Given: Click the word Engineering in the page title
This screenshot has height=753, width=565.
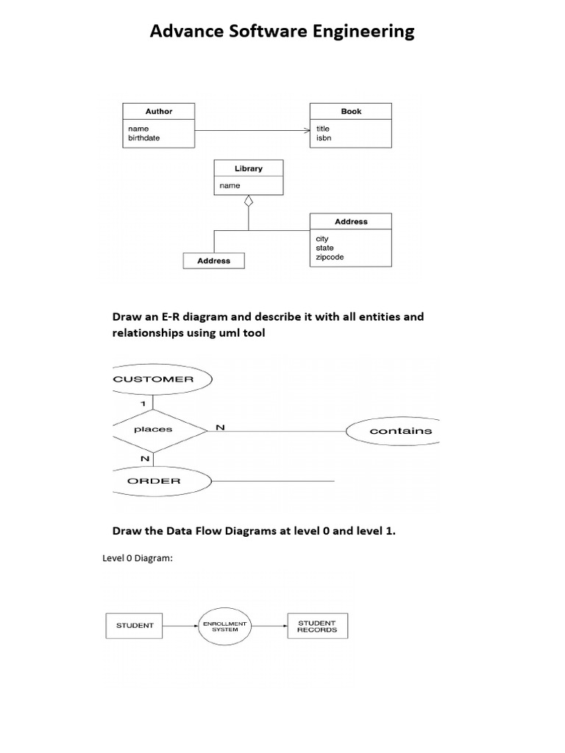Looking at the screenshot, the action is [x=363, y=32].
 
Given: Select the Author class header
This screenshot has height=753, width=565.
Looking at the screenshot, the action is [x=159, y=112].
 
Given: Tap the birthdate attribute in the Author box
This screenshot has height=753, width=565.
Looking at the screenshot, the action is [x=143, y=138].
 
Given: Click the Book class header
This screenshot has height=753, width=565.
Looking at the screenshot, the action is [x=351, y=112].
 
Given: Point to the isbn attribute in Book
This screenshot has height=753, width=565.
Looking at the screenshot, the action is [x=324, y=138].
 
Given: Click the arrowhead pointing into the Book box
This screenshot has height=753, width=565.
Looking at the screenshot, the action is [x=308, y=131].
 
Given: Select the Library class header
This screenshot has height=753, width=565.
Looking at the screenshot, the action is [x=249, y=168].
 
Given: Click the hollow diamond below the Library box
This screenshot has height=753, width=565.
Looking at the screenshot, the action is [x=249, y=201].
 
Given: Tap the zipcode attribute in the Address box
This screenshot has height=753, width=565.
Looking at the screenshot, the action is [x=330, y=257].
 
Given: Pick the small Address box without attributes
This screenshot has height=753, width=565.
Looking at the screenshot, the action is [x=214, y=261].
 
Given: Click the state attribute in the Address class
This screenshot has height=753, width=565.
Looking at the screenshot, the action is [x=324, y=248].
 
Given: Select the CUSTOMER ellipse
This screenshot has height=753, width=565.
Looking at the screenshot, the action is [x=162, y=379].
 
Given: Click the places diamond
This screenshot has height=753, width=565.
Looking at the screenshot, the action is [x=160, y=431].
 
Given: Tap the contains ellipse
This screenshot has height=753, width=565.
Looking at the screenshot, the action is [x=393, y=431].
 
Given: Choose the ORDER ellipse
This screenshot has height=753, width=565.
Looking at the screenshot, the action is [x=162, y=481].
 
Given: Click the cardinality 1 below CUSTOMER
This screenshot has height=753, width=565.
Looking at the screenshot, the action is [x=143, y=404].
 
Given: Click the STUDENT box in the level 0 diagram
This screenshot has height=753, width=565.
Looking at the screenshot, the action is [x=134, y=626].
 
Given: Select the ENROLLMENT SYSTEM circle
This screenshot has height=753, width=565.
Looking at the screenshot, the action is [x=225, y=627].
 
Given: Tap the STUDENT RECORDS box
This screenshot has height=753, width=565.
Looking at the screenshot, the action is [x=318, y=626].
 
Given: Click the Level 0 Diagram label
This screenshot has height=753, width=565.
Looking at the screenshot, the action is [x=138, y=558].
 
